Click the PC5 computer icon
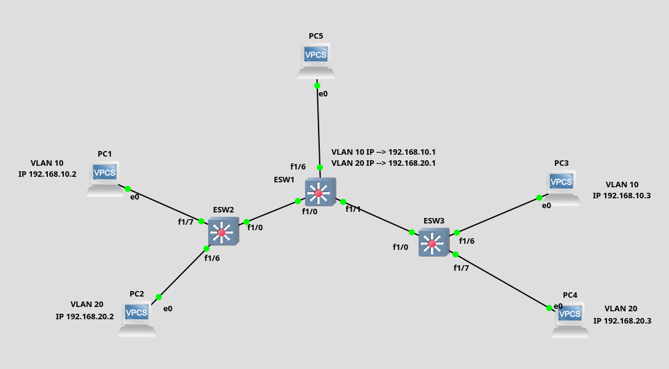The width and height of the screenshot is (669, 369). coord(317,60)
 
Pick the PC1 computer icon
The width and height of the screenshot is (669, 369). coord(104,178)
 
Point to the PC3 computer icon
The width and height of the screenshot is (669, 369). coord(561,187)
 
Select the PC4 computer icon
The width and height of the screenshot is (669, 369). coord(570,319)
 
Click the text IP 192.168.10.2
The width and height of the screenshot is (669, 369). coord(47,174)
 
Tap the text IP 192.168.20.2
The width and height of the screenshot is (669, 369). coord(85,317)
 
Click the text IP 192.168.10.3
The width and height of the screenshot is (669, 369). coord(622,195)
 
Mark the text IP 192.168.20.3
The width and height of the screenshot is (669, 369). coord(622,320)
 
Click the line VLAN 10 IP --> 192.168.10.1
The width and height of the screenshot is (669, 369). coord(383,152)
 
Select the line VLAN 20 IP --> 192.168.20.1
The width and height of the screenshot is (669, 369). coord(383,163)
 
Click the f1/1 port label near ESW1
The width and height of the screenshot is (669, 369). coord(353,209)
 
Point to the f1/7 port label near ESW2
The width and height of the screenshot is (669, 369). coord(186,222)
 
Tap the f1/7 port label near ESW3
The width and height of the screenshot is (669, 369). coord(461,268)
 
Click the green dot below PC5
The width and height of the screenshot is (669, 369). coord(317,85)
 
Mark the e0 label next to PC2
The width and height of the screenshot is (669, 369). coord(168,308)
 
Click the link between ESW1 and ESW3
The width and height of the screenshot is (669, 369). coord(377,217)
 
